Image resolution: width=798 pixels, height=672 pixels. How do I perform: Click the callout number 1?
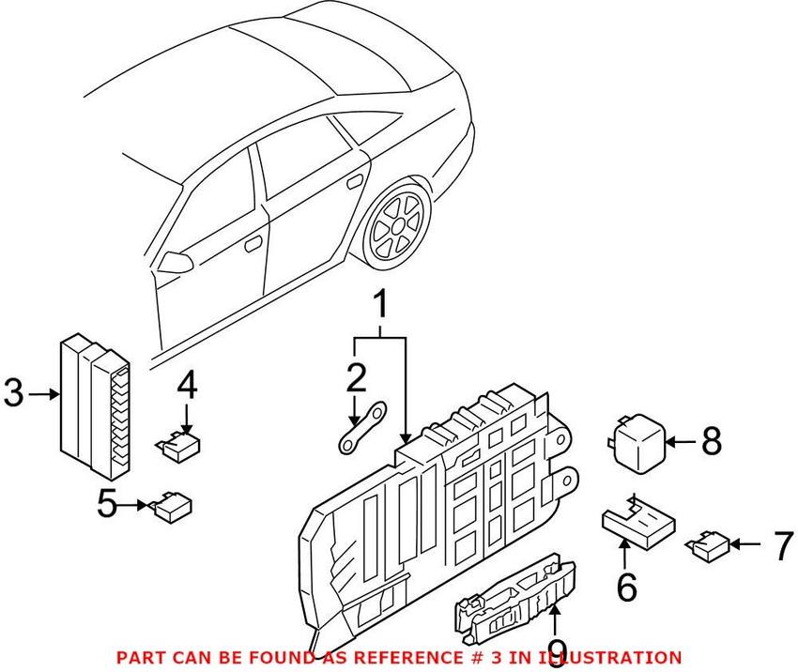[x=381, y=306]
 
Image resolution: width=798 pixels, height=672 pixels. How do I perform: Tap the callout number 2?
[x=355, y=379]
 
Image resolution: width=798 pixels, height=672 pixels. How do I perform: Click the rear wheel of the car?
[x=394, y=224]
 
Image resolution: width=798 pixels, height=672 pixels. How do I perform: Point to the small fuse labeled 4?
[x=178, y=443]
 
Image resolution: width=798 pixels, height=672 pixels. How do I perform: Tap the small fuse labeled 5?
[x=174, y=506]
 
